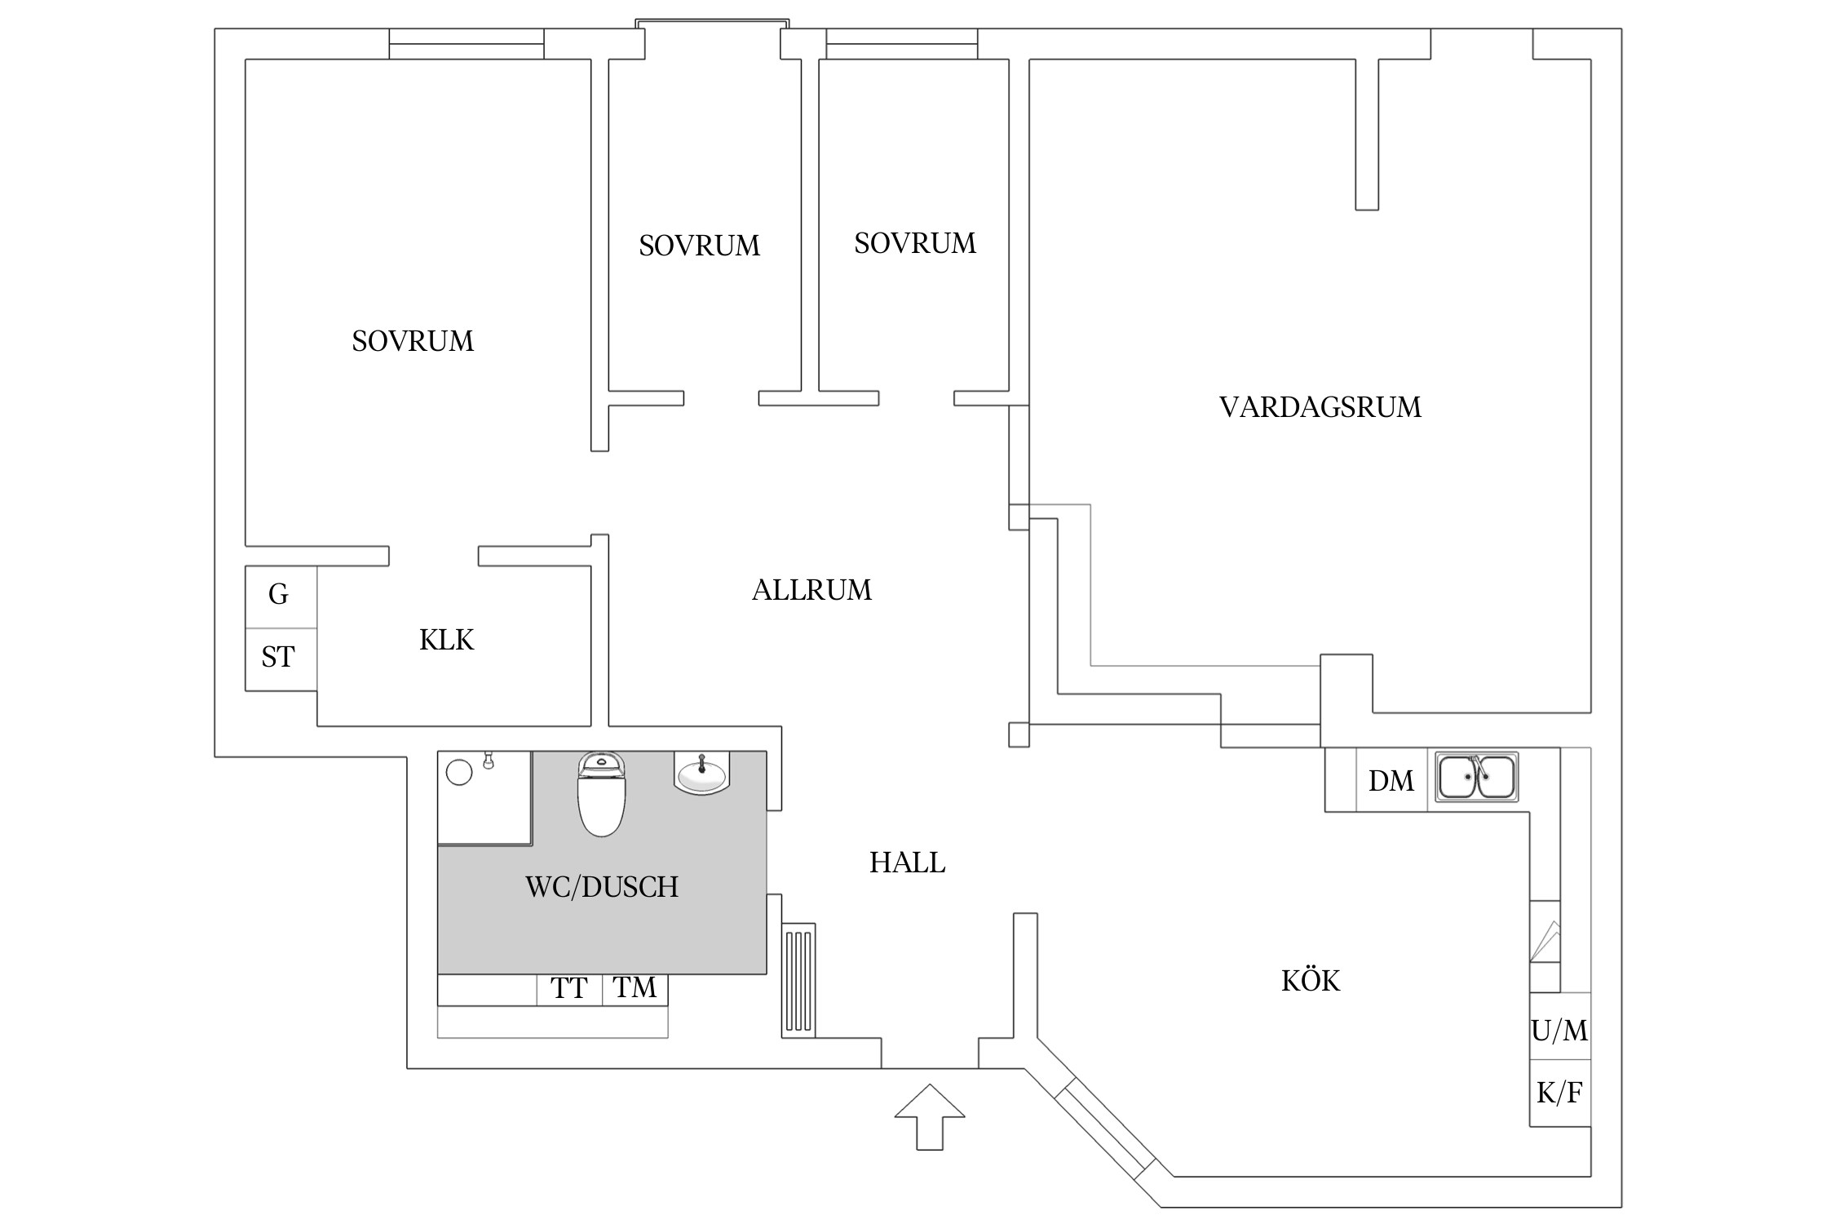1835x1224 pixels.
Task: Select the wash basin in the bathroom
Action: pos(702,774)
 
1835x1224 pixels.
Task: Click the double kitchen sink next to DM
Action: pos(1476,777)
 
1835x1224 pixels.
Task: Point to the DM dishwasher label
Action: pos(1391,781)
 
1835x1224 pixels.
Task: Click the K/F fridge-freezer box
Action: pos(1559,1093)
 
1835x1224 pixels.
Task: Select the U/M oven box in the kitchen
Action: pos(1559,1031)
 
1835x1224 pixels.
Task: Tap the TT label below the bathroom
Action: pos(568,989)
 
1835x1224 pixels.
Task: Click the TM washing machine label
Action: pos(635,988)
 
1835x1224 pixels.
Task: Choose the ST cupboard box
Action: pos(279,658)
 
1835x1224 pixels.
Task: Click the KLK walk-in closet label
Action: pos(446,641)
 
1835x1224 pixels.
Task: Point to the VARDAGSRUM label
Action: pos(1320,407)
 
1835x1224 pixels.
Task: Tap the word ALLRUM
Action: pos(811,590)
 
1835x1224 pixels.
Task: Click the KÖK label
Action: pos(1311,980)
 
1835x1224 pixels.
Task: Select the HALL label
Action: pos(907,863)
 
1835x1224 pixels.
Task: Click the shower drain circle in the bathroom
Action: pos(460,772)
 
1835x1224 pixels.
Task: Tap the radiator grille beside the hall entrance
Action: pos(798,980)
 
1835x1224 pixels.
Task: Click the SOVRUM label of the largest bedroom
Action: pos(413,341)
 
